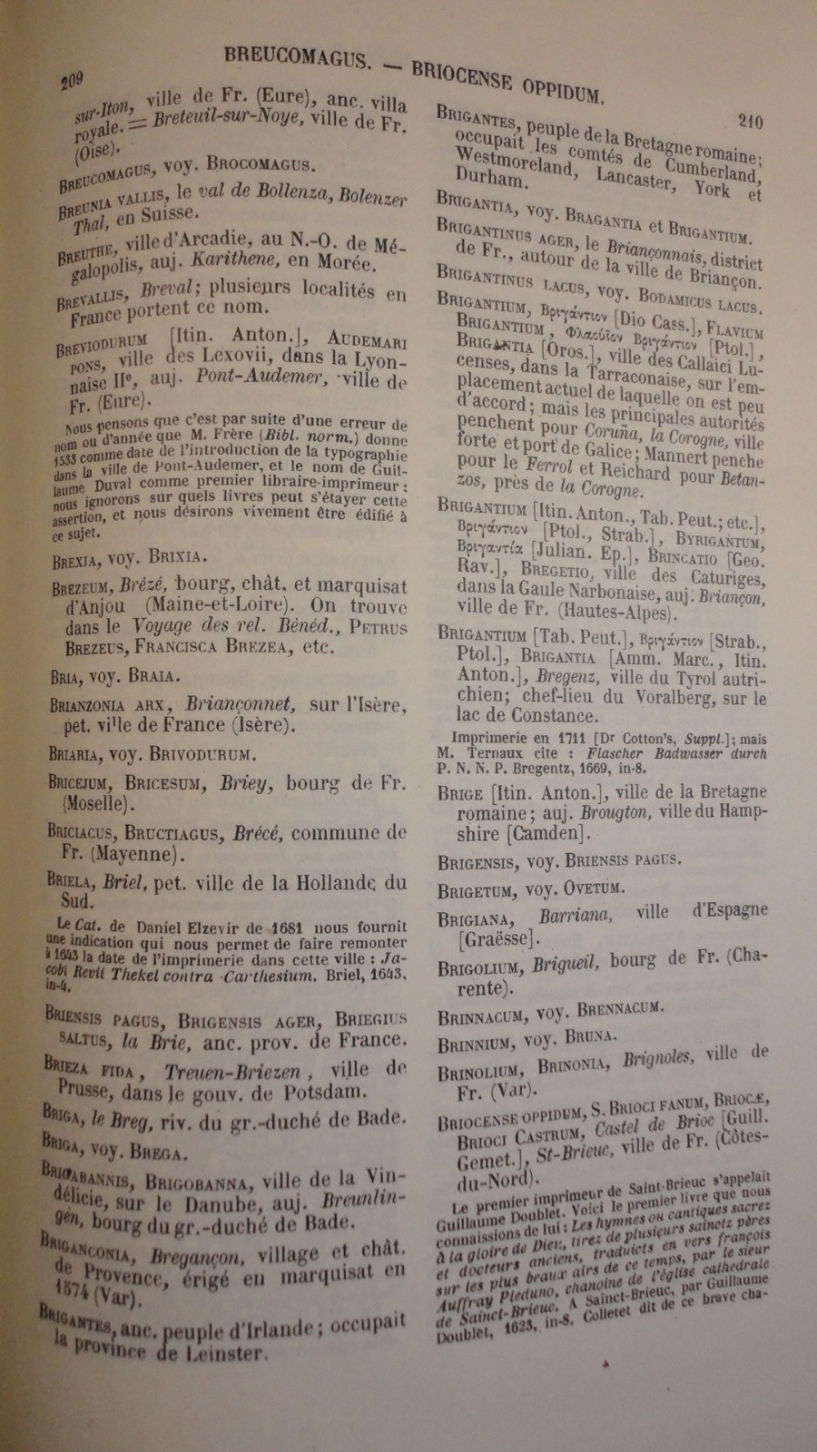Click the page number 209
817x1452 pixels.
[x=72, y=82]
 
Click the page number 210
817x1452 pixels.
[x=750, y=122]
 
